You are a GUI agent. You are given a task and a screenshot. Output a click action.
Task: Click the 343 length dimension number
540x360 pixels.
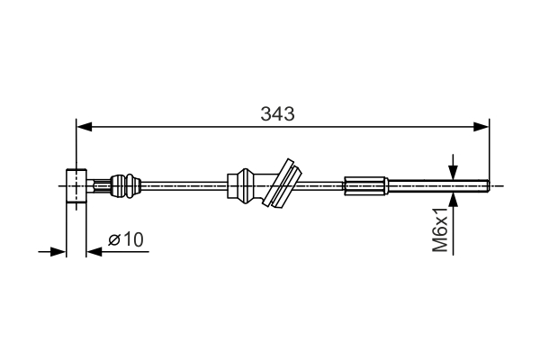point(278,114)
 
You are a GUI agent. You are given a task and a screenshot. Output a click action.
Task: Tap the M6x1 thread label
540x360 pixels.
point(439,232)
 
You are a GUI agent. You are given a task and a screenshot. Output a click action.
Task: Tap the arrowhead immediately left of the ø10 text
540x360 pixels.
point(93,251)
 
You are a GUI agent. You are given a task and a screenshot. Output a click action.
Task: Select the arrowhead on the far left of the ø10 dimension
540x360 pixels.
point(60,251)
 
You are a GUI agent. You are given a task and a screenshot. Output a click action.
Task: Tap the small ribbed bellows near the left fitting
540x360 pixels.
point(123,186)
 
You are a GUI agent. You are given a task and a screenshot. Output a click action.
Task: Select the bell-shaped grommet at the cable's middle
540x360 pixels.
point(249,185)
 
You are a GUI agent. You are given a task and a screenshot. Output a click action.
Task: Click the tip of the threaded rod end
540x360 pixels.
point(486,186)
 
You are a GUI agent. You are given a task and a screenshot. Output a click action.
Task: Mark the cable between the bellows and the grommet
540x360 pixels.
point(184,186)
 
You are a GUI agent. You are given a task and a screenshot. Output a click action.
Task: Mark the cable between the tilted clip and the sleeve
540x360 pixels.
point(324,186)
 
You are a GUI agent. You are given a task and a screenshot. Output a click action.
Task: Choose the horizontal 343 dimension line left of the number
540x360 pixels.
point(171,127)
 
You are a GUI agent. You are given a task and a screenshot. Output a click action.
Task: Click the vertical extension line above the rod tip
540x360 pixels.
point(489,153)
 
